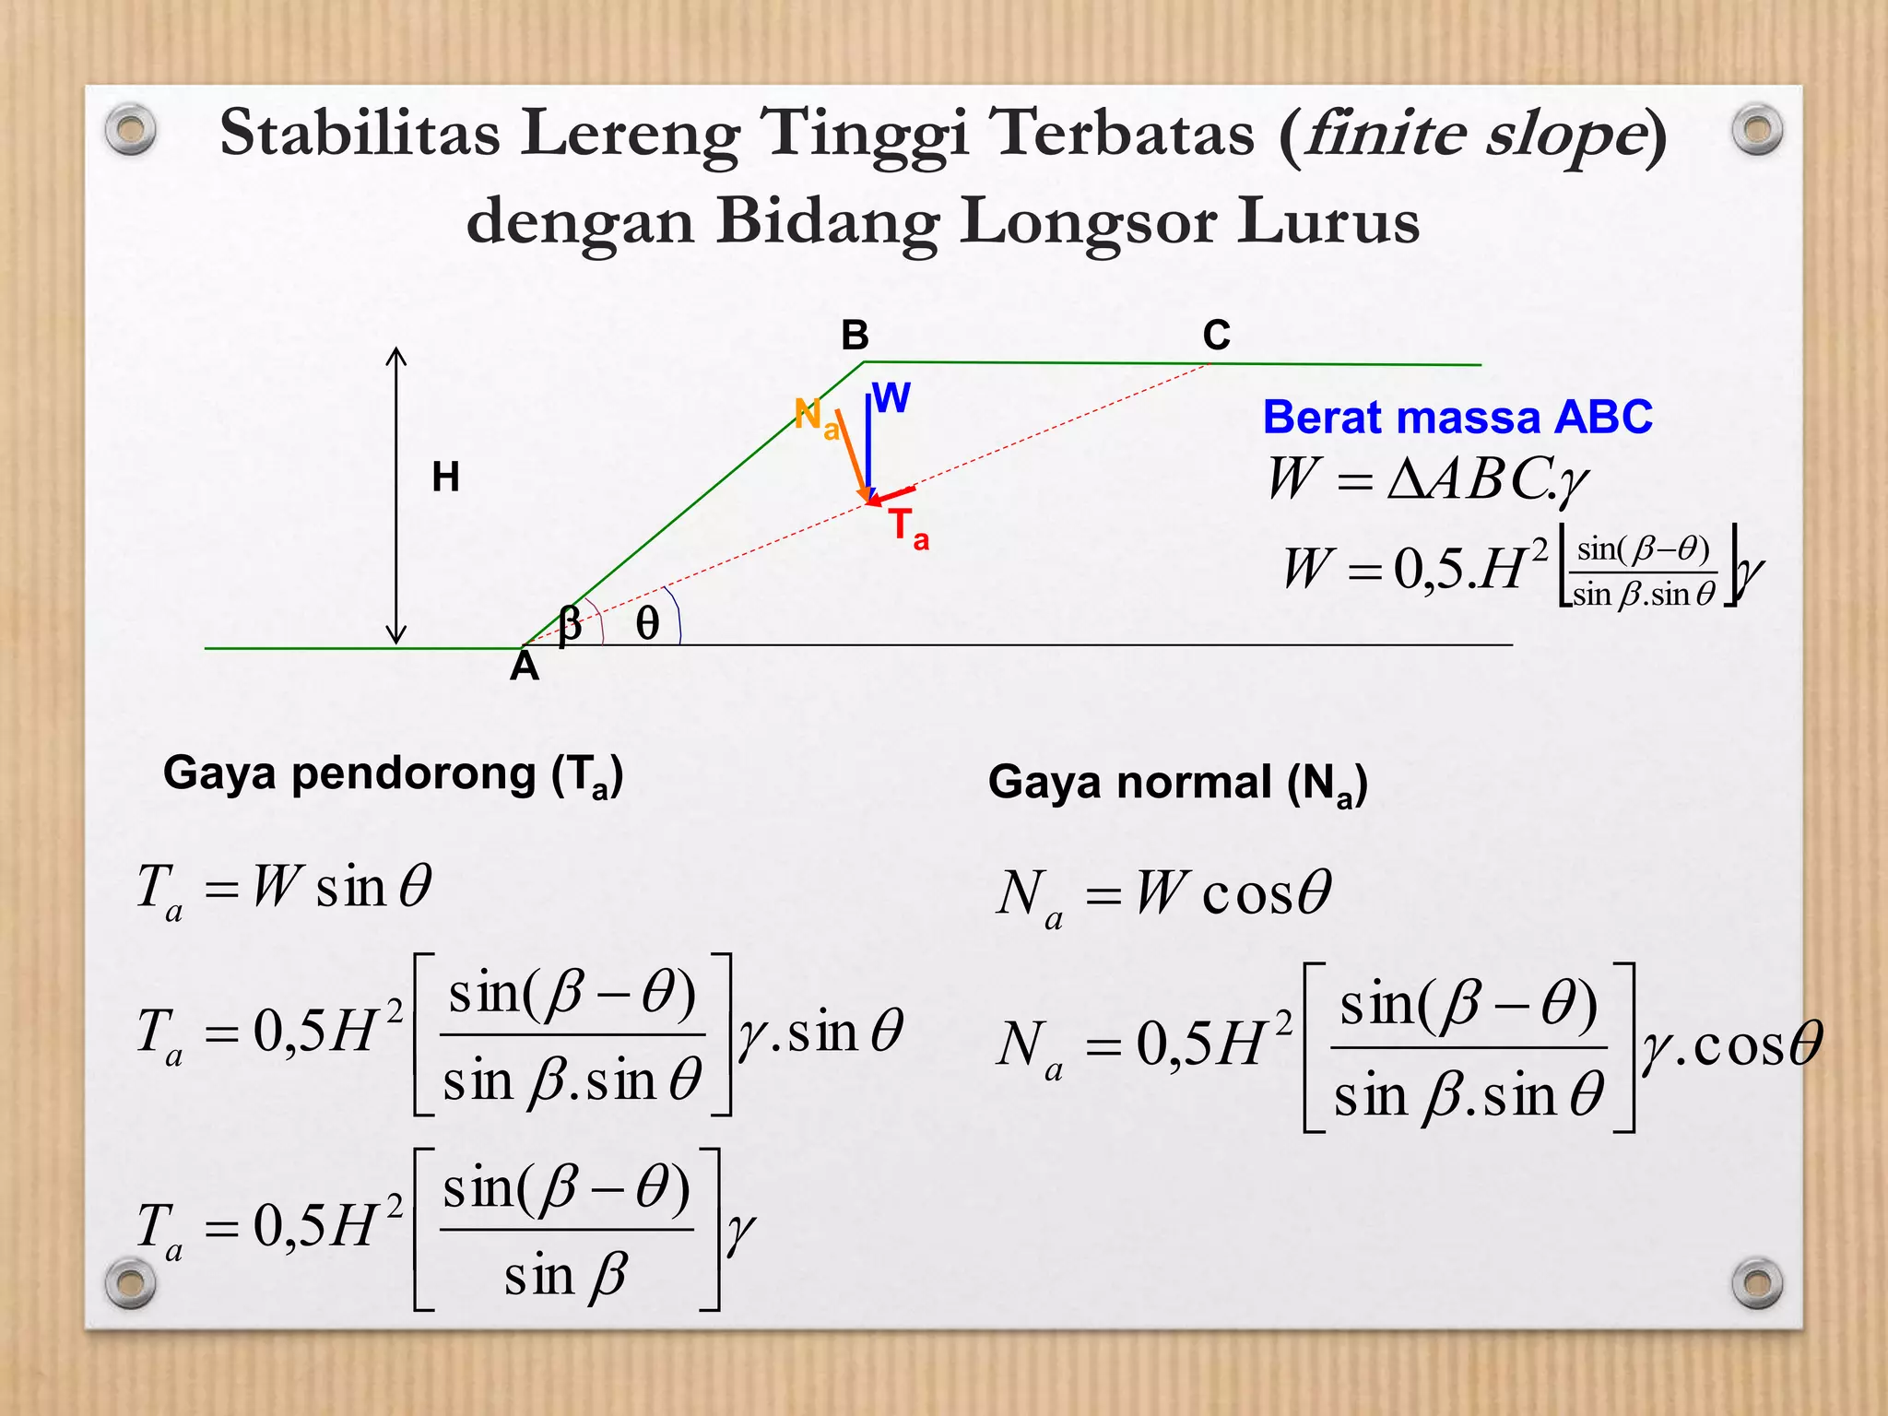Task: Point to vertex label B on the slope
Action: pos(855,336)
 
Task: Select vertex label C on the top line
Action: pos(1216,336)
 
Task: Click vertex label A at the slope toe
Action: pos(525,667)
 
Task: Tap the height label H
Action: pos(446,478)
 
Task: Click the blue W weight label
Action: pos(891,398)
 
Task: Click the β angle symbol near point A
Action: pos(570,623)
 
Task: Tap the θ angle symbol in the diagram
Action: pos(647,624)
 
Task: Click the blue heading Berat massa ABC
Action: pos(1457,418)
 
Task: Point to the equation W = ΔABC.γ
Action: pos(1427,479)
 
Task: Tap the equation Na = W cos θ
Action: pos(1163,894)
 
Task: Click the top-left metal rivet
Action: pos(130,130)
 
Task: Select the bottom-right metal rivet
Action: pos(1757,1282)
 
